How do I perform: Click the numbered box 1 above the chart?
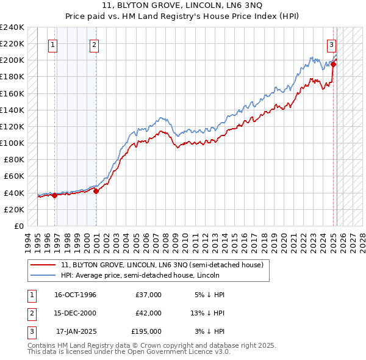tap(53, 44)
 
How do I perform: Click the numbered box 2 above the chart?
tap(95, 44)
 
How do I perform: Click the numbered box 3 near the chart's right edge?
tap(331, 44)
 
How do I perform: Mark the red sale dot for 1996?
tap(55, 195)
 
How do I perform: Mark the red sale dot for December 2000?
tap(96, 191)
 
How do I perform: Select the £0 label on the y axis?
tap(18, 226)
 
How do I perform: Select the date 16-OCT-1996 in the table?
tap(75, 295)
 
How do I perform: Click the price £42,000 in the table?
tap(148, 313)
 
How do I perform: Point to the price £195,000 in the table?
tap(146, 331)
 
